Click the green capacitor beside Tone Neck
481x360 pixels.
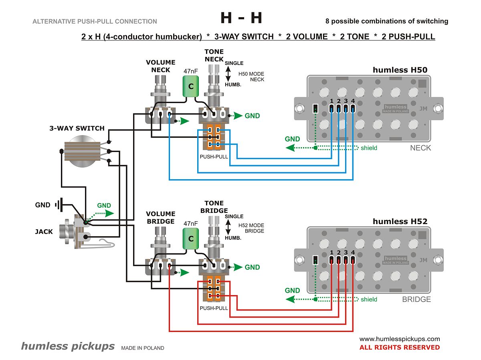[x=191, y=86]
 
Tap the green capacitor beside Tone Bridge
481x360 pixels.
[x=191, y=239]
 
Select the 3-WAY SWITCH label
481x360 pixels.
[x=77, y=128]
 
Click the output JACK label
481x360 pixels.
[x=44, y=232]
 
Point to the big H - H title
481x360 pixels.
[x=241, y=18]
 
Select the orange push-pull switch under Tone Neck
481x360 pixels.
[x=214, y=138]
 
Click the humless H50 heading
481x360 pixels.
[x=400, y=70]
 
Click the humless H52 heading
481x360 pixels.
[x=400, y=222]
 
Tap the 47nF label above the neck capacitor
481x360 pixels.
[x=191, y=71]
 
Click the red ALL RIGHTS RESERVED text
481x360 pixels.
[x=400, y=347]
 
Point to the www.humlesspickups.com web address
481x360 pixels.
[x=400, y=339]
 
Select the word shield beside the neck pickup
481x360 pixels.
[x=369, y=148]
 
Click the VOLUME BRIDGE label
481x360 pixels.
[x=161, y=218]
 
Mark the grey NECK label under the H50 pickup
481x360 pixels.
[x=420, y=148]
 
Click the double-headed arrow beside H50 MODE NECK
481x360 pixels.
[x=228, y=74]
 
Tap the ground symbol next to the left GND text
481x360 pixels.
[x=59, y=205]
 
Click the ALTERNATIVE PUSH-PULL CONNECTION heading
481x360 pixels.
[x=95, y=22]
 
